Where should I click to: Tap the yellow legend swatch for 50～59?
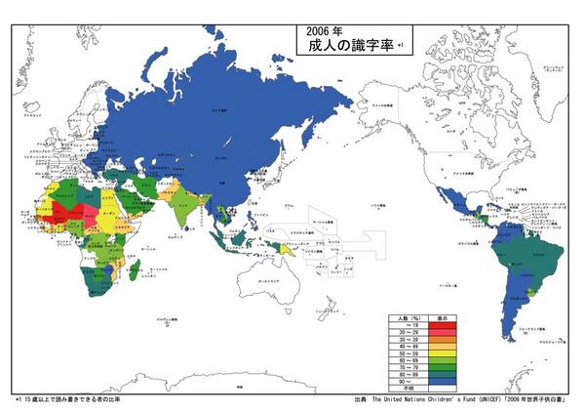pos(443,353)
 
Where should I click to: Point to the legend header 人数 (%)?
pos(408,318)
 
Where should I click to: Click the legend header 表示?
pos(443,318)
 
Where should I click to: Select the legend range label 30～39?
pos(408,340)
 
